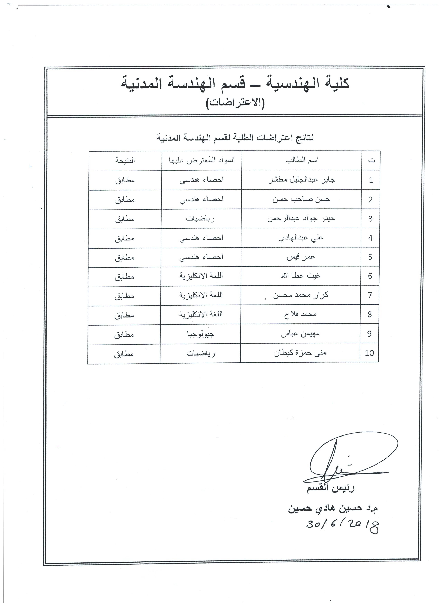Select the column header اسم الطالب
(x=302, y=160)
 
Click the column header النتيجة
(x=125, y=160)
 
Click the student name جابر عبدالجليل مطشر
(x=302, y=180)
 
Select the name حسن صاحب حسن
(x=301, y=199)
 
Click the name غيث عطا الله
(x=300, y=276)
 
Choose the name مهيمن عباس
(x=300, y=334)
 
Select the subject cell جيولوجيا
(x=201, y=334)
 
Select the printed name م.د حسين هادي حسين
(x=333, y=508)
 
